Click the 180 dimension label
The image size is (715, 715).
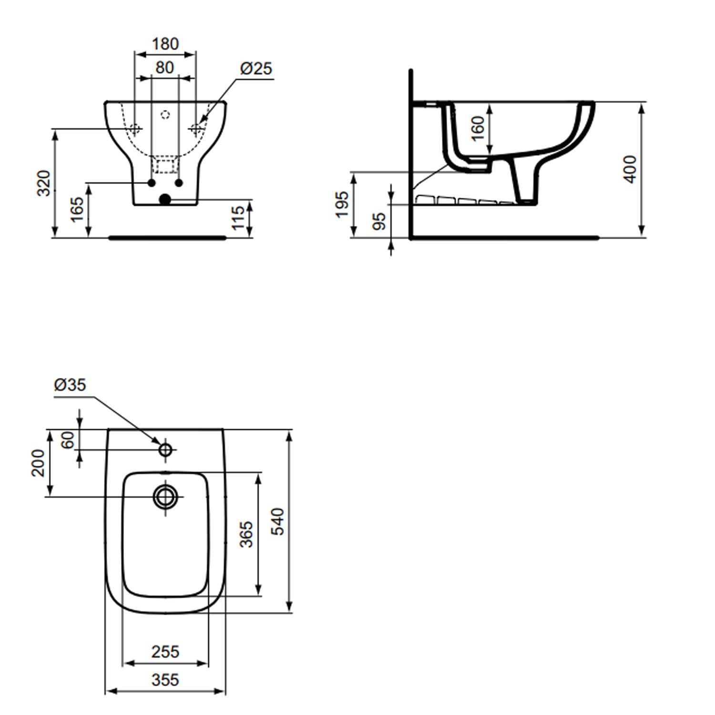tap(165, 44)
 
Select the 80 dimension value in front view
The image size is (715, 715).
tap(164, 68)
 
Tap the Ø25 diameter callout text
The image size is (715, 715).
tap(256, 69)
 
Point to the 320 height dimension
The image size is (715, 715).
tap(44, 183)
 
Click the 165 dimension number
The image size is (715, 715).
tap(77, 209)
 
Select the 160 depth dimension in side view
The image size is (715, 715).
tap(477, 128)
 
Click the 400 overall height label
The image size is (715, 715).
tap(630, 169)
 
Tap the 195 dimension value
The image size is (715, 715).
tap(342, 204)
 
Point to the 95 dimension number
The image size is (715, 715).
tap(379, 221)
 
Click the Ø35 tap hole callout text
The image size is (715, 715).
tap(70, 385)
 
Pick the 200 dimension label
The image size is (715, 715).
tap(38, 463)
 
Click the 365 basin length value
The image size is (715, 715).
tap(246, 534)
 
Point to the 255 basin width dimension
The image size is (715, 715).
tap(165, 652)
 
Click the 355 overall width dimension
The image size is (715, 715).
tap(165, 680)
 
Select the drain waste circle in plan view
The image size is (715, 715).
tap(165, 497)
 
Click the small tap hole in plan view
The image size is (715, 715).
tap(165, 449)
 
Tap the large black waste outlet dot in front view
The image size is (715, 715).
tap(165, 199)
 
